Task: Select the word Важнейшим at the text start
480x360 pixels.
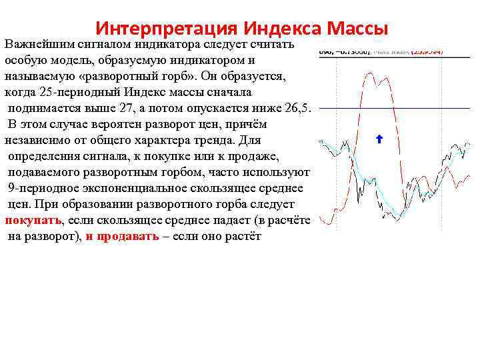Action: click(33, 44)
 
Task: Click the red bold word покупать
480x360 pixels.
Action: click(33, 221)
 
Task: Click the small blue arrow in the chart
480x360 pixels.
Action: click(379, 139)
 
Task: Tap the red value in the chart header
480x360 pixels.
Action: click(427, 50)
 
